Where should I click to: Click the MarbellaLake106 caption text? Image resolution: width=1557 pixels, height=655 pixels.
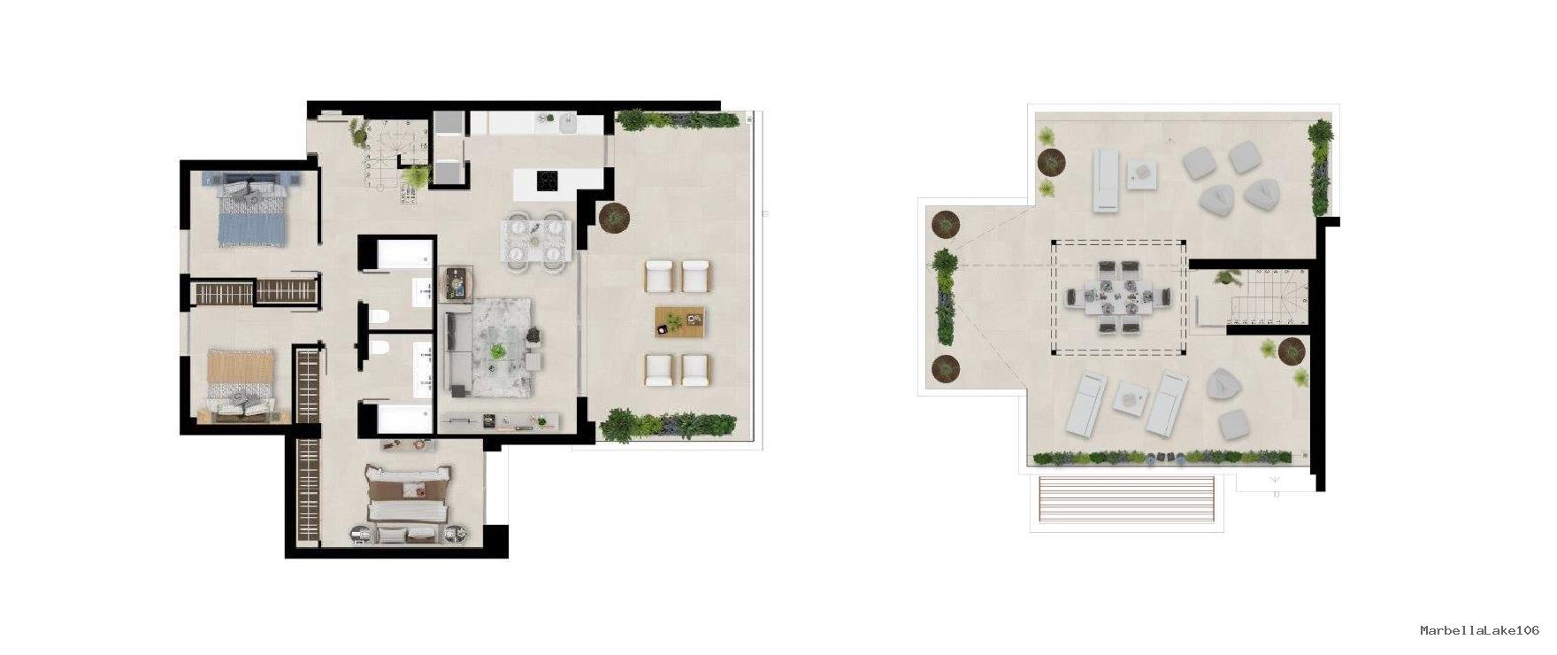1479,630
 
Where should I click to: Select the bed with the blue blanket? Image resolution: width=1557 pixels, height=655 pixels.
253,210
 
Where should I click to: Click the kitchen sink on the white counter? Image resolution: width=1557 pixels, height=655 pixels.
567,123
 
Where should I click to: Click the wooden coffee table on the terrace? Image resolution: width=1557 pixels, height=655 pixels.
679,322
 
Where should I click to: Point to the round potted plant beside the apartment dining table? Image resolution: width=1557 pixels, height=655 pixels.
613,216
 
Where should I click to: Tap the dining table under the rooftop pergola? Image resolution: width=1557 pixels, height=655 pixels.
1117,296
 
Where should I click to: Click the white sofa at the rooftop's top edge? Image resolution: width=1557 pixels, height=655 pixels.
1106,181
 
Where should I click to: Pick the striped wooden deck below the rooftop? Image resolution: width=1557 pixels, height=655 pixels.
1126,502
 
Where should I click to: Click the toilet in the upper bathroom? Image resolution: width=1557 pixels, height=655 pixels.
380,316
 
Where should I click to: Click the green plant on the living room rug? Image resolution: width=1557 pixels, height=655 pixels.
499,351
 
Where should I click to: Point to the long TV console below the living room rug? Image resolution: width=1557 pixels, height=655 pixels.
500,421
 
